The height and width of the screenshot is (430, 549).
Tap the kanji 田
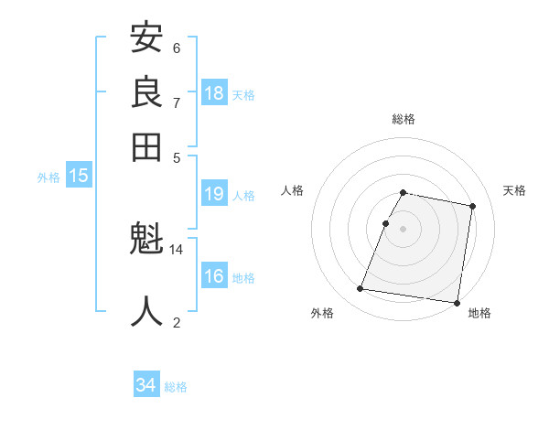(x=147, y=146)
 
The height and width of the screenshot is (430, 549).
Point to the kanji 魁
(x=147, y=241)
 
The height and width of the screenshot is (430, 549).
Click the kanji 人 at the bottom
(x=147, y=311)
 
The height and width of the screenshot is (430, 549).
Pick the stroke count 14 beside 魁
(x=177, y=249)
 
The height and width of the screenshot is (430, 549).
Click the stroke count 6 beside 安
(x=177, y=48)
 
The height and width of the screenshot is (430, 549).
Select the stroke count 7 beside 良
(x=177, y=102)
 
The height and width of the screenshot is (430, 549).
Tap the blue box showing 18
(x=214, y=93)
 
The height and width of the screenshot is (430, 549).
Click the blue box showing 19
(x=214, y=194)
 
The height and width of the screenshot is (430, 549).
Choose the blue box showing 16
(x=214, y=276)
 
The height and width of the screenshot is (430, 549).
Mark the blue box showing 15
(x=79, y=177)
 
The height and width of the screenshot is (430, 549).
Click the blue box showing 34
(x=146, y=385)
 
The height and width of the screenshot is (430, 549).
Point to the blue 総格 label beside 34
(x=176, y=387)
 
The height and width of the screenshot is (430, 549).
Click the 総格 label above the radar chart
(x=404, y=119)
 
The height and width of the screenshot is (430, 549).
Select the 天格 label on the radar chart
(x=514, y=190)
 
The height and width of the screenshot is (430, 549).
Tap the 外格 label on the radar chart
(x=322, y=313)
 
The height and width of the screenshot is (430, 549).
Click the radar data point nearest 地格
(x=456, y=302)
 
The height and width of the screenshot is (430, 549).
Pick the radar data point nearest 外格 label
(x=361, y=289)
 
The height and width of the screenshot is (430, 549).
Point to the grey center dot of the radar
(x=404, y=228)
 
